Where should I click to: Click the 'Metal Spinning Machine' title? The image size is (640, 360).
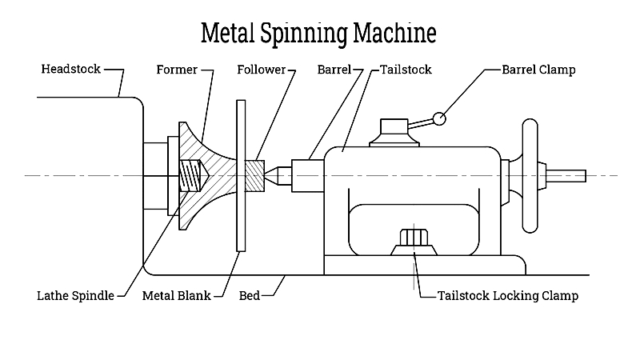318,33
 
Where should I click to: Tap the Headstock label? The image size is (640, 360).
70,69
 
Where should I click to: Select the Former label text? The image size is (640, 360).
177,70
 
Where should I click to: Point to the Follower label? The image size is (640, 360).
262,70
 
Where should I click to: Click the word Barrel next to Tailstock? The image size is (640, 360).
334,70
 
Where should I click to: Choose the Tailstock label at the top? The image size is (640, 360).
406,70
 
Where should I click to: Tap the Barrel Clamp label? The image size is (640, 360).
538,70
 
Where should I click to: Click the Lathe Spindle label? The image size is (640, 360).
75,295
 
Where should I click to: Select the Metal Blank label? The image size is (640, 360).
176,295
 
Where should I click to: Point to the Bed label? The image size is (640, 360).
250,295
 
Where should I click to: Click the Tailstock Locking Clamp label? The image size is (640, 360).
508,295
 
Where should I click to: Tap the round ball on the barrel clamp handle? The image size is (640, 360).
439,118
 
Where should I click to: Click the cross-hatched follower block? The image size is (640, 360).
254,175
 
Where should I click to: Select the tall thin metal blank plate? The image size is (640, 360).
241,175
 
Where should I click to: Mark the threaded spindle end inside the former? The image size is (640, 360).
193,175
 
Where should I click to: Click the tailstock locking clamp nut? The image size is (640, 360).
414,238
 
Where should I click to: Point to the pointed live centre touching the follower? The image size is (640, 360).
278,175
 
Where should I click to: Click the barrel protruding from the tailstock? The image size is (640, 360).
308,176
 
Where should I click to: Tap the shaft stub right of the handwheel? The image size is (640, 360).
566,176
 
